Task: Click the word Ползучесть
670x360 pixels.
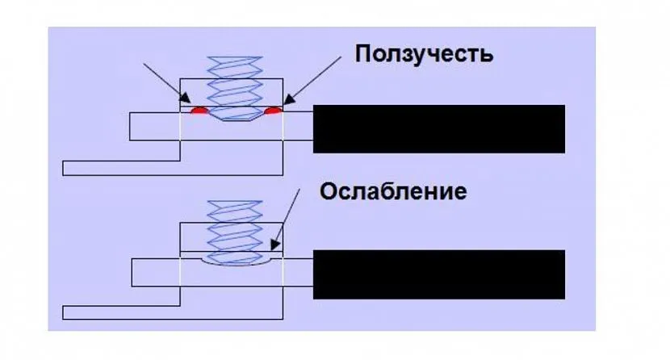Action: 423,55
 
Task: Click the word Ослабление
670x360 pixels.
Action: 393,192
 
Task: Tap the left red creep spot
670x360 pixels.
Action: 198,109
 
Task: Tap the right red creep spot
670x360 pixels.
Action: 274,109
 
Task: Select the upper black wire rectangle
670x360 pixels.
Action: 438,129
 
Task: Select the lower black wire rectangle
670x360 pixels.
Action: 438,274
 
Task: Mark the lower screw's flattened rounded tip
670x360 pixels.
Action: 234,260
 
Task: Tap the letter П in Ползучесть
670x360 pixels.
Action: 362,55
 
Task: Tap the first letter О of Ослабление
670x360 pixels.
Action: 328,192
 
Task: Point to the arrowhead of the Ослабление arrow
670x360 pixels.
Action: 274,245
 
